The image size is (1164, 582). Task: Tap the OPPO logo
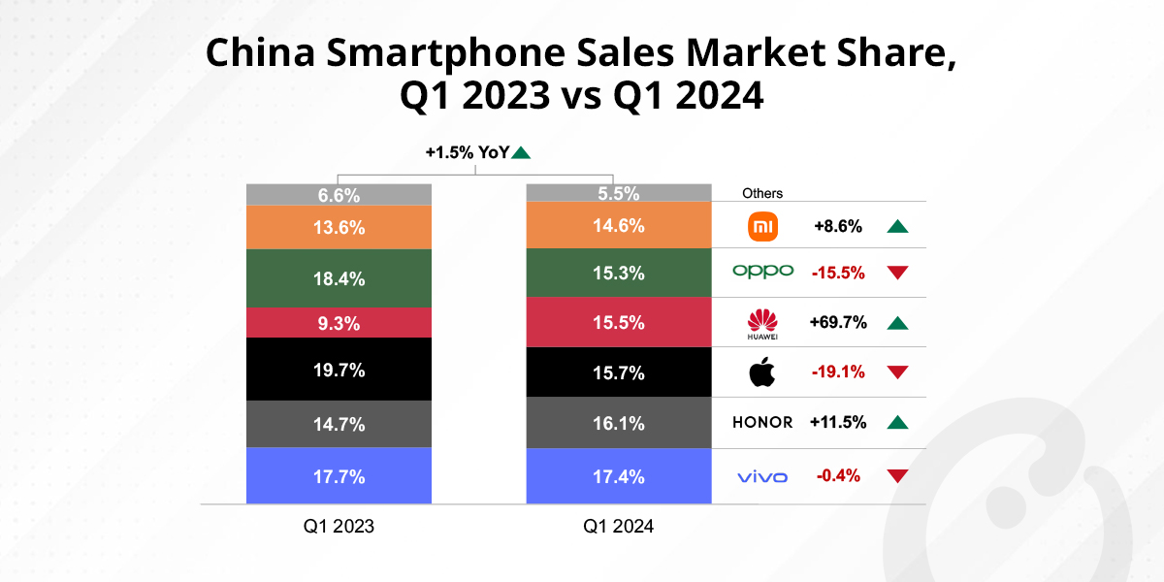(x=762, y=272)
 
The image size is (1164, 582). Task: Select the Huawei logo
(x=762, y=322)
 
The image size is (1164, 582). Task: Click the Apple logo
(x=762, y=372)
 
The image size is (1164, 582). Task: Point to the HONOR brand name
(x=762, y=422)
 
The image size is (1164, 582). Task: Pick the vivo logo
(x=762, y=476)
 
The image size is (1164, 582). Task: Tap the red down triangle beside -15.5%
(x=897, y=273)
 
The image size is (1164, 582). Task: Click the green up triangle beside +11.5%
(x=897, y=422)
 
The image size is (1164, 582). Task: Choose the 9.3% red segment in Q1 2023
(x=339, y=322)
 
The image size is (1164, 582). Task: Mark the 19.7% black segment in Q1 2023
(x=339, y=369)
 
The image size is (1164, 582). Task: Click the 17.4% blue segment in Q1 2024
(x=618, y=476)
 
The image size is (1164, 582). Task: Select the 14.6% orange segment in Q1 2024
(x=618, y=225)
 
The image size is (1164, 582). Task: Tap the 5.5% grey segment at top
(x=618, y=193)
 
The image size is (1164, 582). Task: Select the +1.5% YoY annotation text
(x=467, y=152)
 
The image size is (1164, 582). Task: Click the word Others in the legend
(x=762, y=193)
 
